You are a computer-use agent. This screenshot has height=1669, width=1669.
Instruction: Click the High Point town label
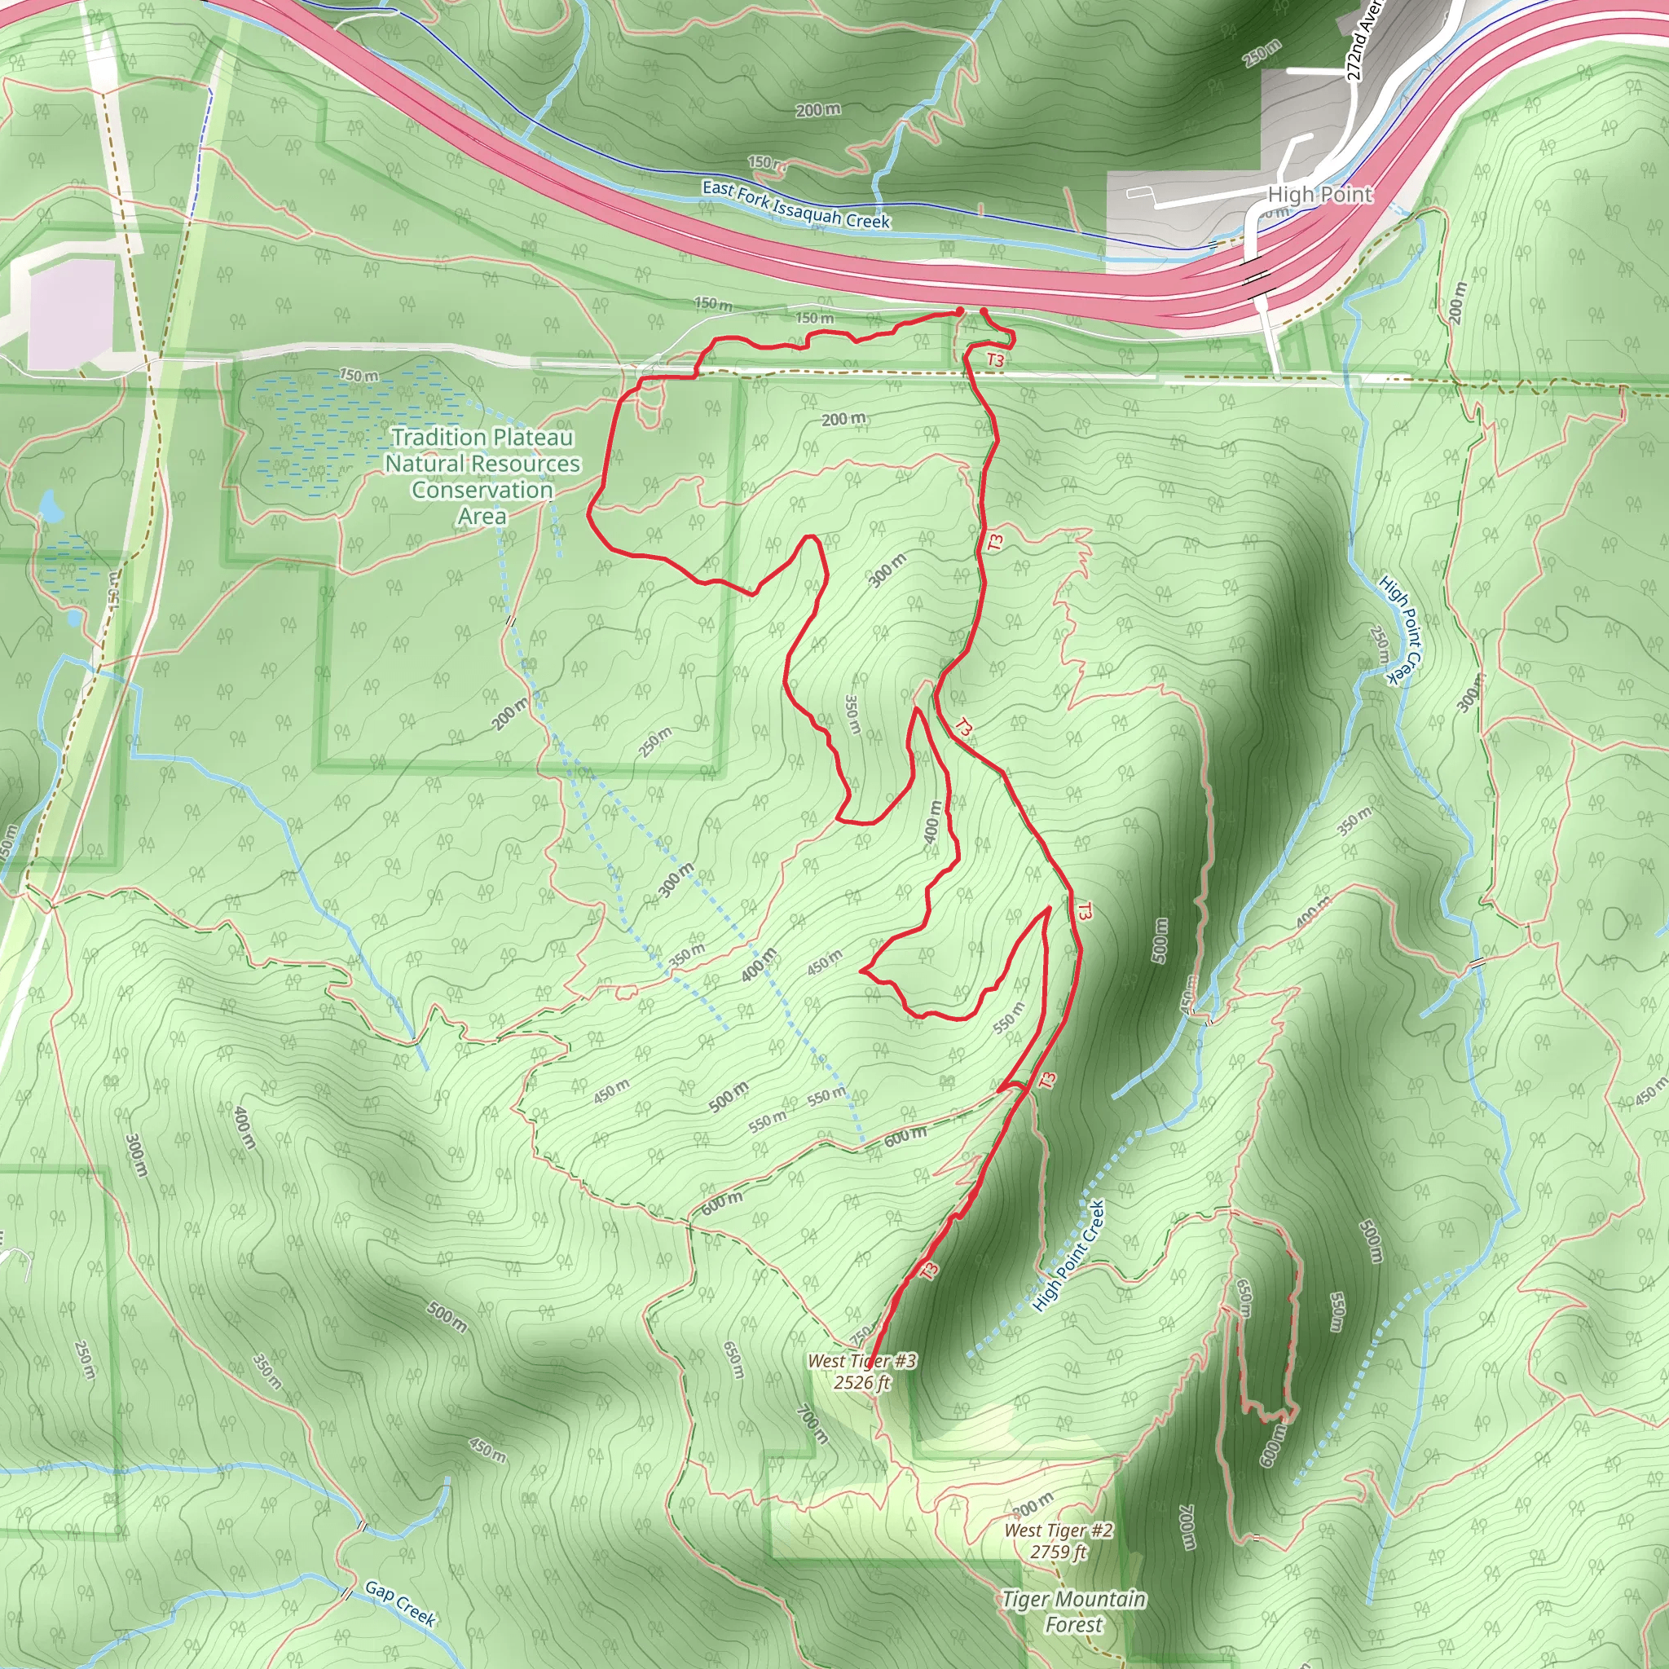(x=1319, y=195)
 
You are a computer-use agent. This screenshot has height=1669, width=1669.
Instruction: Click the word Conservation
(x=482, y=490)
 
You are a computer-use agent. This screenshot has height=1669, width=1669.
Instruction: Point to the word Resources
(x=526, y=464)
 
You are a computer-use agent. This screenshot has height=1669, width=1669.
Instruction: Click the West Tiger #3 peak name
(x=861, y=1361)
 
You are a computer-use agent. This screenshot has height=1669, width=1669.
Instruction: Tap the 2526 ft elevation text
(x=861, y=1382)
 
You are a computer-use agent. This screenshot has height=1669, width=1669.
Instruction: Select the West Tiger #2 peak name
(x=1059, y=1530)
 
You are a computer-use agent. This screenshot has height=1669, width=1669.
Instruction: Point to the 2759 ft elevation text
(x=1059, y=1552)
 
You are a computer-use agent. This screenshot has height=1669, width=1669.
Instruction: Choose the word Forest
(x=1074, y=1625)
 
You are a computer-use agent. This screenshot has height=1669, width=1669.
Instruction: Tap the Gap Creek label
(x=400, y=1603)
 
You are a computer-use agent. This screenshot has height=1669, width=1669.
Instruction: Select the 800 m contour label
(x=1033, y=1504)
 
